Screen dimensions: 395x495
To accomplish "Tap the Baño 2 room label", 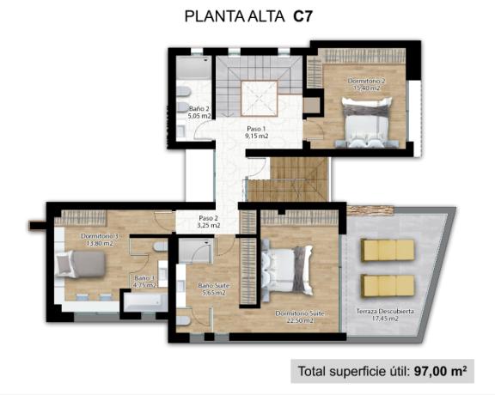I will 199,109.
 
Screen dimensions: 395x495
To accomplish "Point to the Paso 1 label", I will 258,129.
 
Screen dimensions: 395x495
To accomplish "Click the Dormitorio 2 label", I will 366,81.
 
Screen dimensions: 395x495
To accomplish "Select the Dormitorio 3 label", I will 101,236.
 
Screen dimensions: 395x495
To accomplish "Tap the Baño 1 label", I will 144,278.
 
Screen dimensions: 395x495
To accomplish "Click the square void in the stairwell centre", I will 258,97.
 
